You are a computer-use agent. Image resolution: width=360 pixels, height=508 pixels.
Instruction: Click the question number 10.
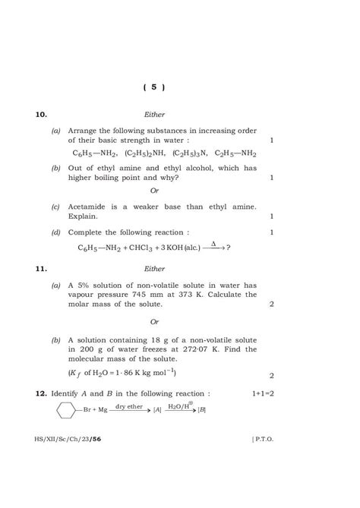pyautogui.click(x=41, y=115)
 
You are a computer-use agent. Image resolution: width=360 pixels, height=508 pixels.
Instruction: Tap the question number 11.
pyautogui.click(x=41, y=268)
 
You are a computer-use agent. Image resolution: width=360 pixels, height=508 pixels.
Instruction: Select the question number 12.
pyautogui.click(x=41, y=394)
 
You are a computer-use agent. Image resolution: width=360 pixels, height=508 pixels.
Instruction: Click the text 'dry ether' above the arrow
pyautogui.click(x=129, y=407)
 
